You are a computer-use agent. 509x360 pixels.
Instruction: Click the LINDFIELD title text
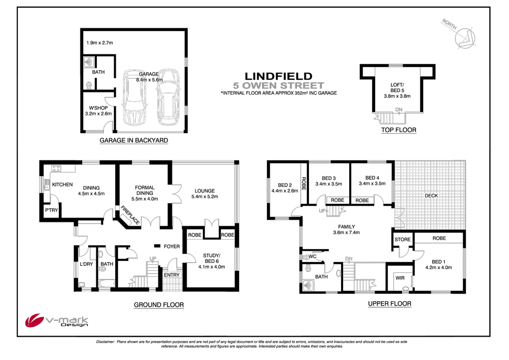278,76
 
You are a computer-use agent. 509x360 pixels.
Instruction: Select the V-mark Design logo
58,322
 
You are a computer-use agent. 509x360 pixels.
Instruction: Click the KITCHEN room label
63,185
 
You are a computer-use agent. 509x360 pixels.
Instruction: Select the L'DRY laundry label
86,264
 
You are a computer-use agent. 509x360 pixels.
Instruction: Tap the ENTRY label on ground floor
172,275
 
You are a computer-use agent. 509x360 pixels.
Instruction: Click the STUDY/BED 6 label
211,257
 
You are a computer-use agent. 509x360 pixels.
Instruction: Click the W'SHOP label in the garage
98,107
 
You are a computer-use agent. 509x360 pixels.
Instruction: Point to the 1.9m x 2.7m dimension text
100,43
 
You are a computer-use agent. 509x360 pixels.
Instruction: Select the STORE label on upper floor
402,239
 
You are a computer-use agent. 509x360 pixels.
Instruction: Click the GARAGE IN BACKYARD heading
134,140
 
